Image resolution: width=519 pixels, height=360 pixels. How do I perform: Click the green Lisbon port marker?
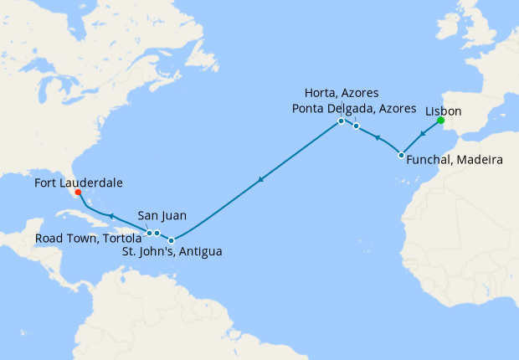click(x=440, y=121)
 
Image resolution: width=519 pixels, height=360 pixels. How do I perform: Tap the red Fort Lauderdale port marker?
click(x=78, y=192)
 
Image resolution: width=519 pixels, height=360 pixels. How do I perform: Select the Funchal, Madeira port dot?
click(x=401, y=156)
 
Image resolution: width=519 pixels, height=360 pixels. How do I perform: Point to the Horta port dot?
click(x=341, y=121)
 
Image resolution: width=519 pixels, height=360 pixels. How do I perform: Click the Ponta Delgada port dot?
click(x=356, y=126)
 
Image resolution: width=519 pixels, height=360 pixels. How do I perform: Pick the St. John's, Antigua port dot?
click(x=171, y=240)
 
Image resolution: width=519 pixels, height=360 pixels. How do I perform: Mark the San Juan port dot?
click(x=157, y=234)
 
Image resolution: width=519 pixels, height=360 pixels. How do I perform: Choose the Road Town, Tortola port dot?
click(x=149, y=233)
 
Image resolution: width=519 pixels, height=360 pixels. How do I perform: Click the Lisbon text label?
click(x=444, y=110)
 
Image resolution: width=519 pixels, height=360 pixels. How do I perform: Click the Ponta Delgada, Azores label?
click(x=354, y=109)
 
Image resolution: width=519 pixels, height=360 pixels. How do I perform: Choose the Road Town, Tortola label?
click(x=87, y=238)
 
